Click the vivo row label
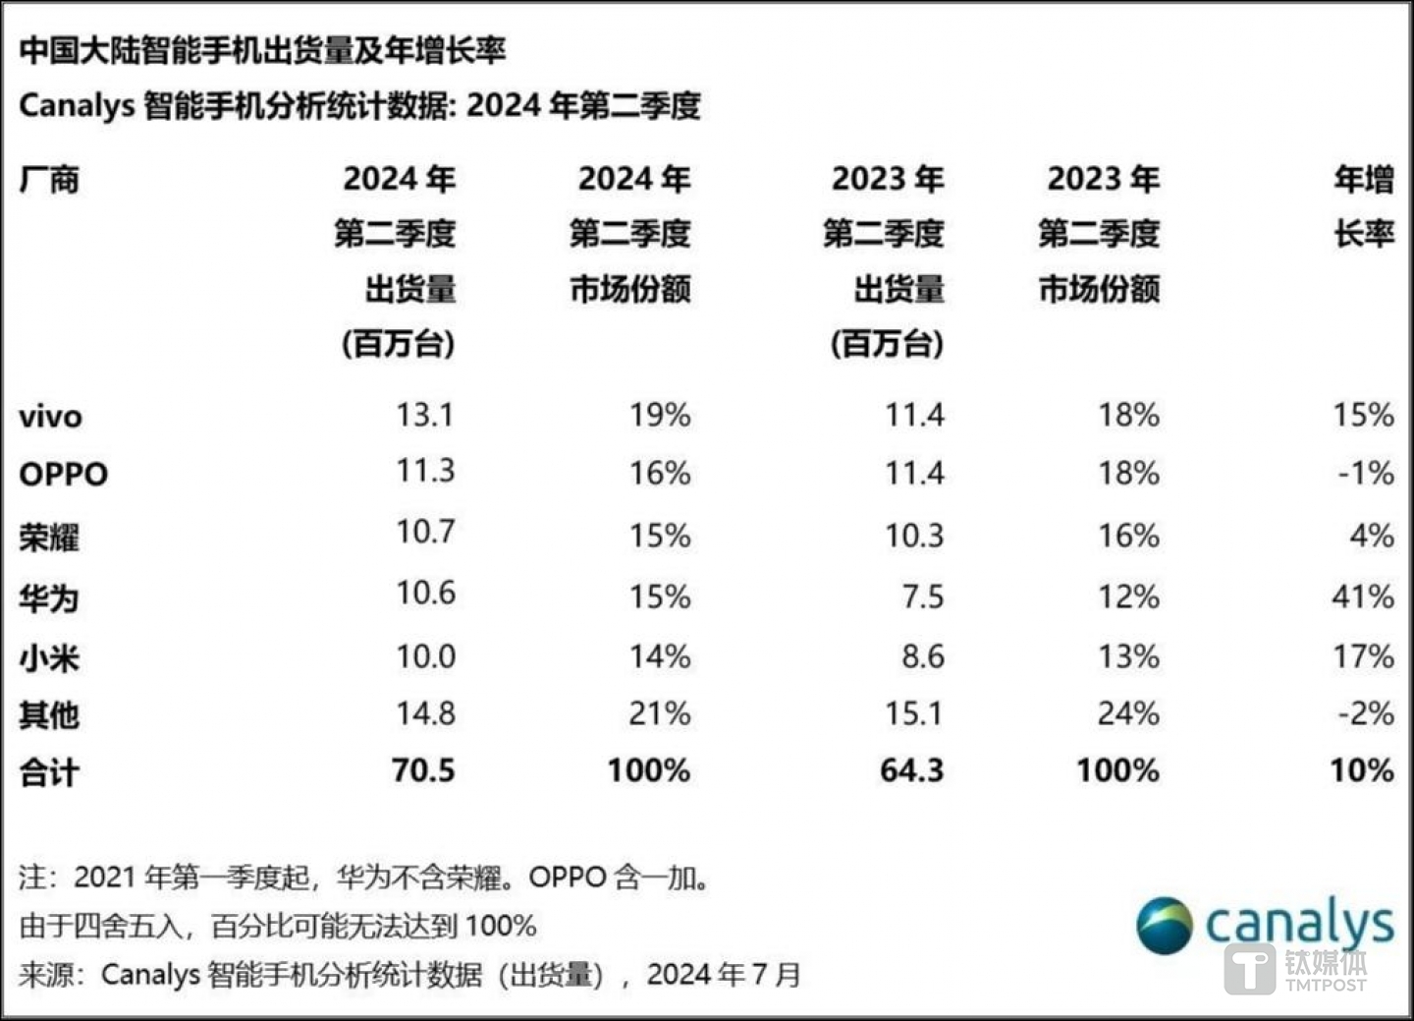[x=50, y=417]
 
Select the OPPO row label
[x=63, y=474]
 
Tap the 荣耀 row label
[x=49, y=537]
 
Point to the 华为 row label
[x=49, y=597]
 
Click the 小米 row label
[x=49, y=657]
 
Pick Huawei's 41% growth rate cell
[x=1362, y=596]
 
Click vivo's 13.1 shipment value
[x=424, y=415]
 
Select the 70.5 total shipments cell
[x=423, y=770]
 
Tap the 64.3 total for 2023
[x=911, y=770]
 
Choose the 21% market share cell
[x=659, y=713]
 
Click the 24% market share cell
[x=1128, y=713]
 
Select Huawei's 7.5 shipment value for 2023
[x=922, y=596]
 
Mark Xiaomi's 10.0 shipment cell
[x=425, y=656]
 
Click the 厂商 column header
[x=49, y=180]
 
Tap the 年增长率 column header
[x=1363, y=206]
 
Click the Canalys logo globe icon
[x=1165, y=926]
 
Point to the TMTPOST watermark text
[x=1326, y=985]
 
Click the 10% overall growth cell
[x=1361, y=770]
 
